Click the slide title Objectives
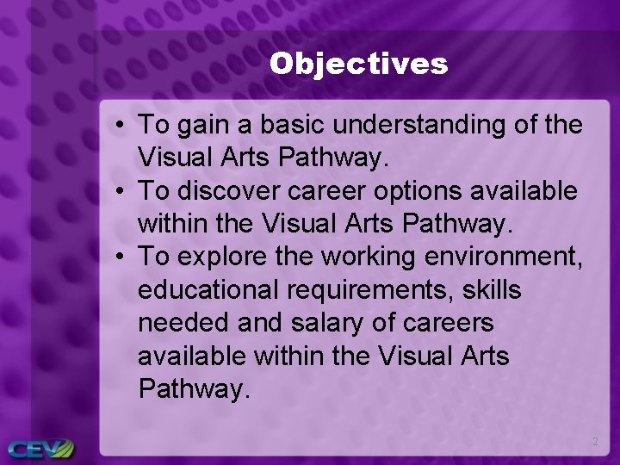pyautogui.click(x=358, y=64)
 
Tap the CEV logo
pyautogui.click(x=40, y=448)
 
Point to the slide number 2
pyautogui.click(x=594, y=442)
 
